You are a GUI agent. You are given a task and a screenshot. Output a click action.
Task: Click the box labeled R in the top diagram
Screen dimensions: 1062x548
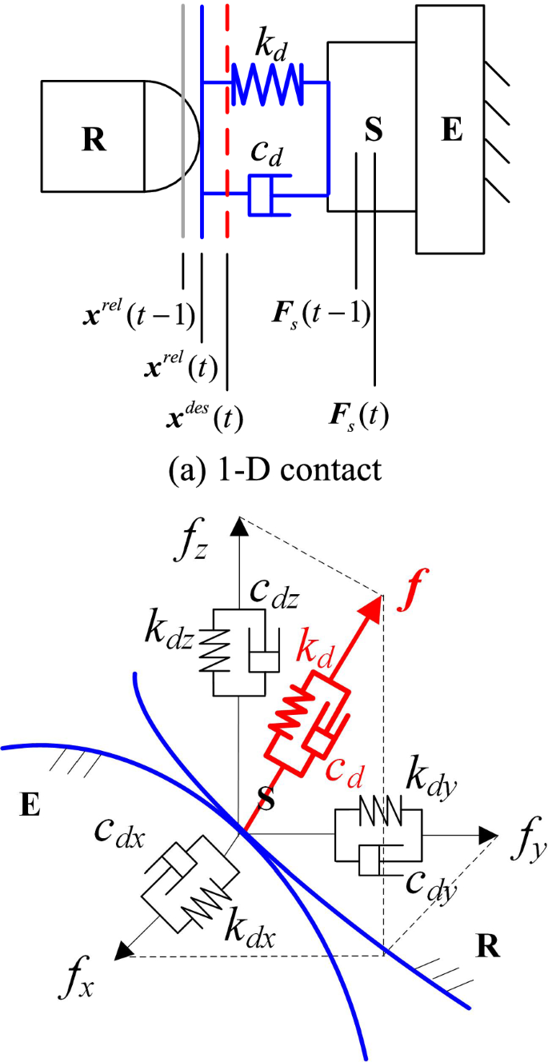(93, 136)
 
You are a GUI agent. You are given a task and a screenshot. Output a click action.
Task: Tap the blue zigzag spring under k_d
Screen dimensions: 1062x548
(267, 83)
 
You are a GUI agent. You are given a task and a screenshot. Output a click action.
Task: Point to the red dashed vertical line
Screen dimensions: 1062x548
(228, 120)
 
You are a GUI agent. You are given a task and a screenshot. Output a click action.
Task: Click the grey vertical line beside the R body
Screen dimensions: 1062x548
(184, 120)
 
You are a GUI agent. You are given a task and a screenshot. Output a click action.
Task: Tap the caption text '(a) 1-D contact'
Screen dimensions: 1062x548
(277, 469)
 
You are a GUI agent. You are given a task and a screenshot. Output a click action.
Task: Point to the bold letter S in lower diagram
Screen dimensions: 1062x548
(270, 799)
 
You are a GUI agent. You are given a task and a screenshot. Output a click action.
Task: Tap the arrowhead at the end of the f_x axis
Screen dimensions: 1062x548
(123, 951)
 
